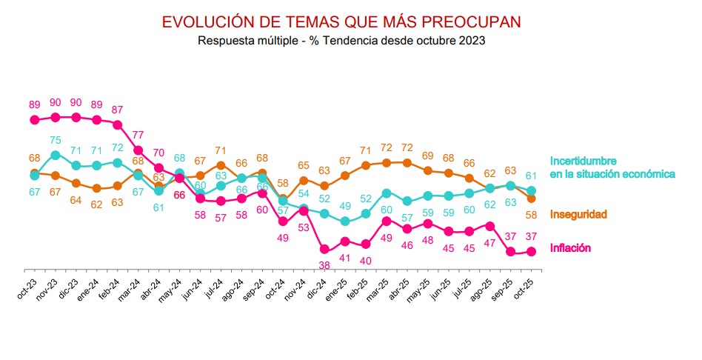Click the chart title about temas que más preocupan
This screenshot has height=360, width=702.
[x=341, y=21]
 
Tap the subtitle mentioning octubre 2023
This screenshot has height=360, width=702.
[x=341, y=41]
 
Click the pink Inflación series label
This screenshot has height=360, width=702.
[x=570, y=248]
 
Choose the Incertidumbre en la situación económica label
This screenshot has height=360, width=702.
[x=612, y=167]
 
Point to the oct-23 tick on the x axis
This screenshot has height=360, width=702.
[x=28, y=285]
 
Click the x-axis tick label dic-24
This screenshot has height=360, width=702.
[x=318, y=285]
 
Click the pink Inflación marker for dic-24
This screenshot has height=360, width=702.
[x=324, y=250]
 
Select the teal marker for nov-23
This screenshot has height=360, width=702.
[x=56, y=156]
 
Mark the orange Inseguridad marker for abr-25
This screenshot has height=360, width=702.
[x=407, y=162]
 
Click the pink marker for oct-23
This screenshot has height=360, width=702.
[x=34, y=119]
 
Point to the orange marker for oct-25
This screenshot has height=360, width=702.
[x=531, y=198]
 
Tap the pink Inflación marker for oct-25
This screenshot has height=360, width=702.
[x=531, y=252]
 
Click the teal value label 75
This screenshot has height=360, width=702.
[x=56, y=141]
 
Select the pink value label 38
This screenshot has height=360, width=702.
[x=324, y=264]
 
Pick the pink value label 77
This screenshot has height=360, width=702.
[x=138, y=136]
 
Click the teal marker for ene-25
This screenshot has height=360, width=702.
[x=345, y=221]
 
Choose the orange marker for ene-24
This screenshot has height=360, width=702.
[x=97, y=188]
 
